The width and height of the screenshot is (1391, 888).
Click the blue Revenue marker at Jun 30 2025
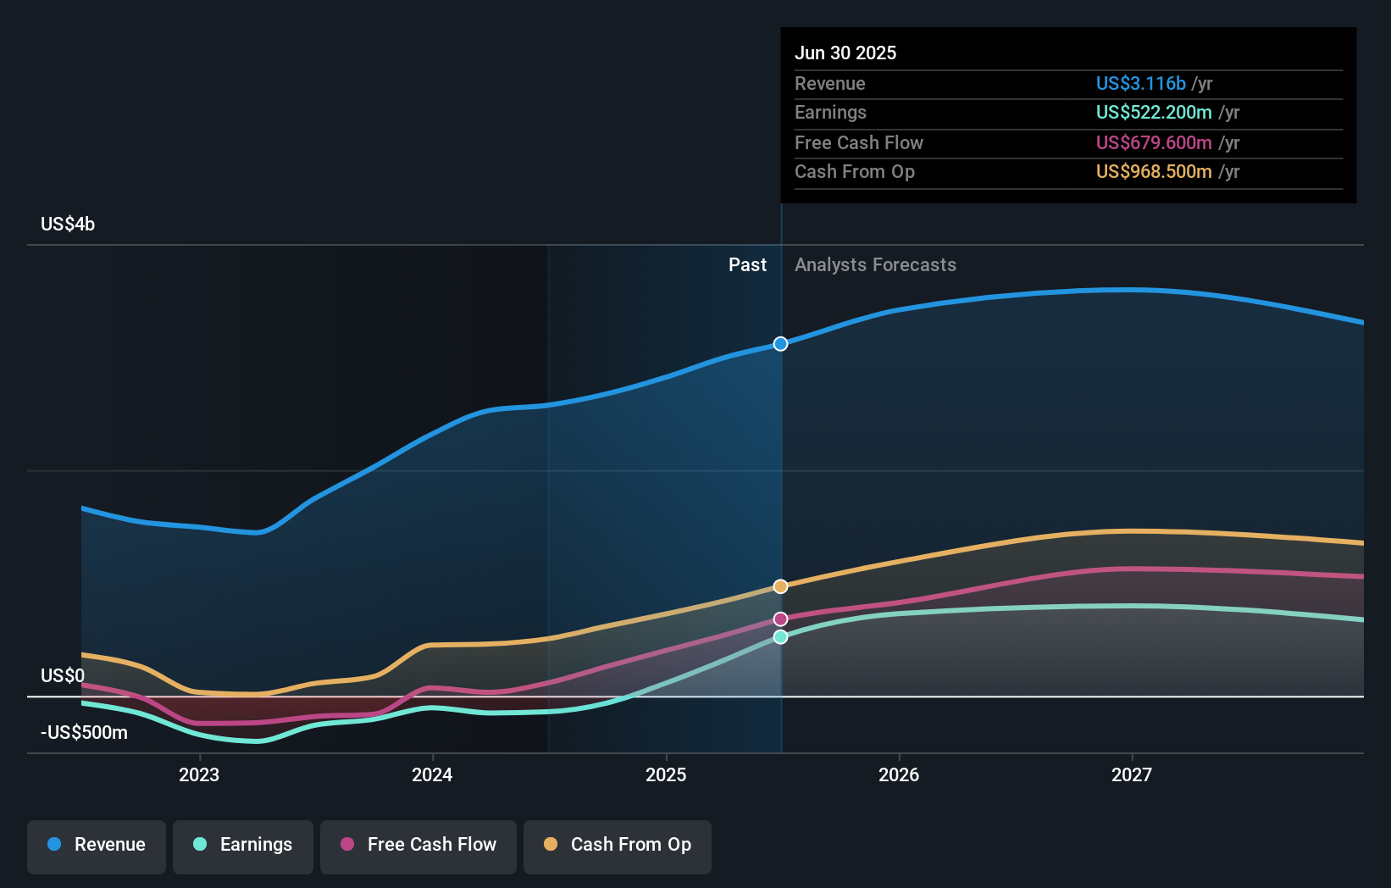780,344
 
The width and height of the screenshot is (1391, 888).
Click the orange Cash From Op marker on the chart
780,586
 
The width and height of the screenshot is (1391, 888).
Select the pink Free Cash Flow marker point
780,619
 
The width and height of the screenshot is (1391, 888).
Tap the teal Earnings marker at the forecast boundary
780,637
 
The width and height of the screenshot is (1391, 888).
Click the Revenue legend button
97,845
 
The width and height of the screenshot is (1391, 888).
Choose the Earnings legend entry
243,845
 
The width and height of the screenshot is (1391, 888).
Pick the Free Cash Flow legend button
418,845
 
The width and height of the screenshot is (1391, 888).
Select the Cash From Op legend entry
618,845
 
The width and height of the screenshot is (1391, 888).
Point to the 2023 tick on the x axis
199,774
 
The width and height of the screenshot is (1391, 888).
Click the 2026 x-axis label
899,774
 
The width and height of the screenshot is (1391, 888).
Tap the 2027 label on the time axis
1132,774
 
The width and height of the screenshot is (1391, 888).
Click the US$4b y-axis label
68,225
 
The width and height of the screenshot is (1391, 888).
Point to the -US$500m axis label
84,733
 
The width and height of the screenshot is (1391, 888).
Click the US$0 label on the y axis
63,676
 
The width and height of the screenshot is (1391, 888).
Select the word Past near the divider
747,265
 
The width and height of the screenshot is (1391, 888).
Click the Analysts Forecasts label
875,265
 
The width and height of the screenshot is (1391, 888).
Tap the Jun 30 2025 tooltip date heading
845,53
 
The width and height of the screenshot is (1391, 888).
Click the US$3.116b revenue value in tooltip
1140,84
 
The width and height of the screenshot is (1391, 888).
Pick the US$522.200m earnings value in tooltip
1154,113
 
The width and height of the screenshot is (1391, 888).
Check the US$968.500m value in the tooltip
1154,172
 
